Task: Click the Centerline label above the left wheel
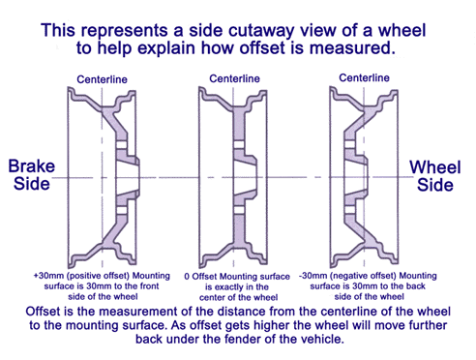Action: [102, 79]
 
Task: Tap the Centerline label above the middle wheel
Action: [234, 78]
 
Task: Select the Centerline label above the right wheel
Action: [364, 77]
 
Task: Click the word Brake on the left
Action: [32, 166]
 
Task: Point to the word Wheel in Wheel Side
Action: [435, 167]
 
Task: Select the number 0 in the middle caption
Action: [187, 277]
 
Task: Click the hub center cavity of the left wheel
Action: [127, 178]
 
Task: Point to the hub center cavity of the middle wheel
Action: [245, 178]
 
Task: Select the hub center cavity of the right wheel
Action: [356, 177]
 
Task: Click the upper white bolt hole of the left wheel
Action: [121, 145]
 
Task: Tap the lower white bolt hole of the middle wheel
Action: [238, 210]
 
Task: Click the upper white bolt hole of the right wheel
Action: [349, 144]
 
